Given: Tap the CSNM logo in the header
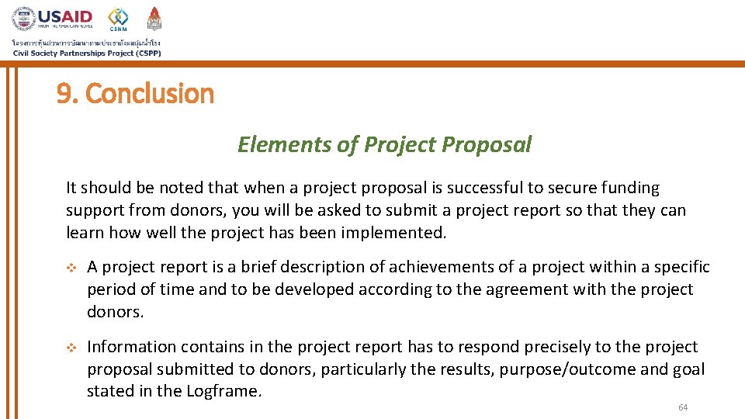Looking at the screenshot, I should click(x=118, y=19).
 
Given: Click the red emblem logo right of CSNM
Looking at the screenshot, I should click(x=154, y=18).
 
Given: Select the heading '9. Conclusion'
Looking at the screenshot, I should click(x=135, y=94).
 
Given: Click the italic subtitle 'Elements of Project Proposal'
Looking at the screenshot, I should click(x=384, y=144).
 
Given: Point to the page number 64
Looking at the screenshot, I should click(x=683, y=408).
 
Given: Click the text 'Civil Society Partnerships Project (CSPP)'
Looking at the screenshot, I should click(x=86, y=53).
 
